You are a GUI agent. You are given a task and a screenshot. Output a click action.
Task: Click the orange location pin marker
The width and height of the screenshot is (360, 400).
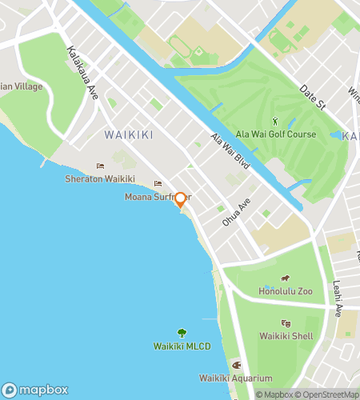[x=181, y=199]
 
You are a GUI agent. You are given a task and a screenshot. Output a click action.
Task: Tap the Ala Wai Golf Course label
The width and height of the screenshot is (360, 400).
[x=276, y=134]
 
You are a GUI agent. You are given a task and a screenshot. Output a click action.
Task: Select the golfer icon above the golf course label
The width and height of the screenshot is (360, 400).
[x=276, y=122]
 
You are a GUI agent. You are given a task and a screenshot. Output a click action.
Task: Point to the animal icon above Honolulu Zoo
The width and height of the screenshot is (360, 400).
[x=285, y=278]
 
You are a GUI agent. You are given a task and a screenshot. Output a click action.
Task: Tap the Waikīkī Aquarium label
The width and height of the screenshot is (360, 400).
[x=236, y=378]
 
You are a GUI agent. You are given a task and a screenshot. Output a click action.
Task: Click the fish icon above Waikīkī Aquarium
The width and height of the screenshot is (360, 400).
[x=236, y=365]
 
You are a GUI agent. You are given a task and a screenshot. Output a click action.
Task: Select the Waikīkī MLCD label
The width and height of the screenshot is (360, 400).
[x=182, y=346]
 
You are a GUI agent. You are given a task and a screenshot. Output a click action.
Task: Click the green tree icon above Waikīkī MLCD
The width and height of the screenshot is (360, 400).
[x=182, y=333]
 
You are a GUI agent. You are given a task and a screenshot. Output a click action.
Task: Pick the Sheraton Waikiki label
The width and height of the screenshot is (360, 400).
[x=100, y=178]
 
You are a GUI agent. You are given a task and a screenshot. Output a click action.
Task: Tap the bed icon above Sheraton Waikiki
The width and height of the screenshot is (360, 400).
[x=100, y=166]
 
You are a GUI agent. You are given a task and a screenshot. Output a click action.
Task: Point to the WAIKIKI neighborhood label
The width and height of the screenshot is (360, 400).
[x=128, y=134]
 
